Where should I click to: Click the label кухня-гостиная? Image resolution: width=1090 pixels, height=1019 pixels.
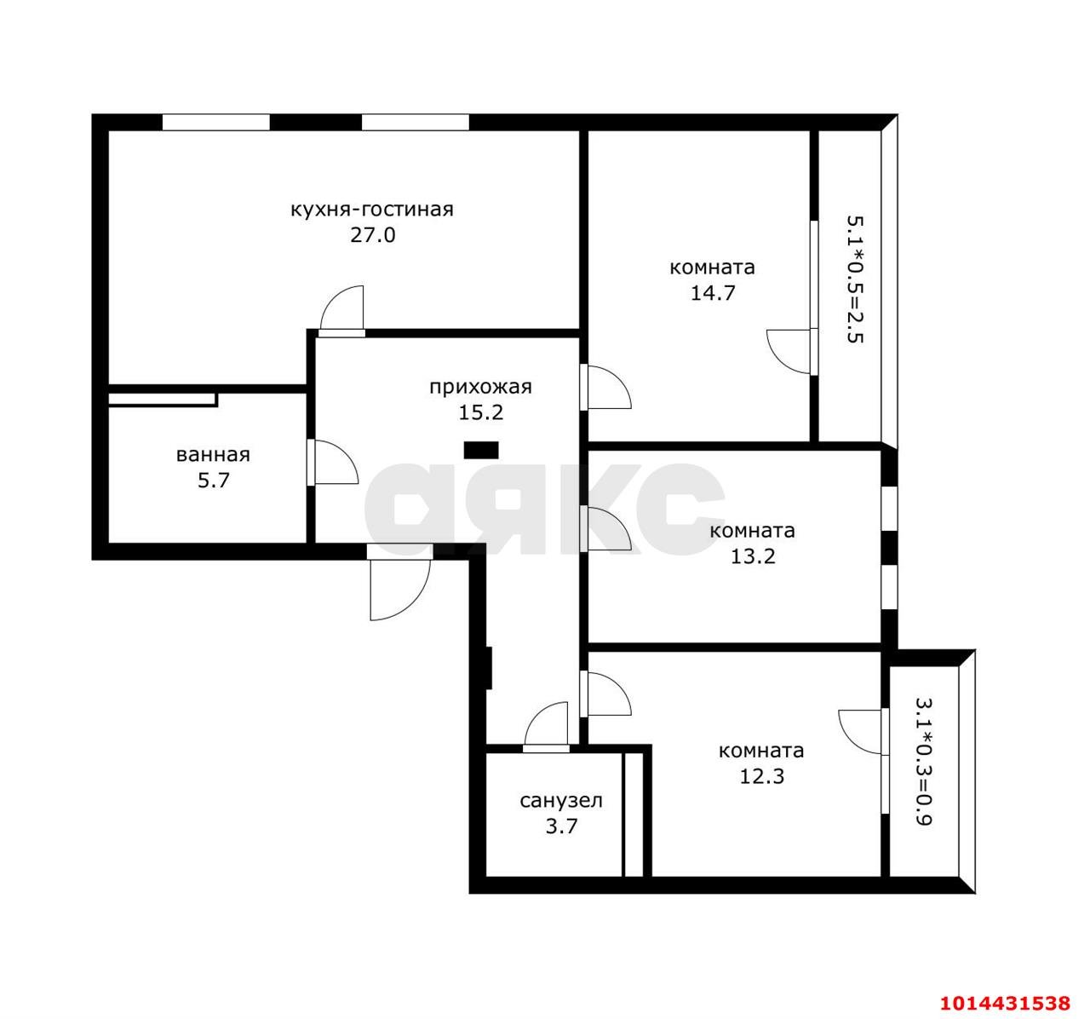tap(372, 210)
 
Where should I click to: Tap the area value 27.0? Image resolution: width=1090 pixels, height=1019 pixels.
tap(373, 235)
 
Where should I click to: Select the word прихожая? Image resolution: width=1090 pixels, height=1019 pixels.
tap(480, 387)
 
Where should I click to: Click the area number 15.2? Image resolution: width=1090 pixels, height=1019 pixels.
tap(481, 412)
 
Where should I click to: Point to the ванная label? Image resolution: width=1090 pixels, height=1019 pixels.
tap(213, 454)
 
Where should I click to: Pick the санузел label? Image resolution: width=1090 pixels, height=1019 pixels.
tap(561, 800)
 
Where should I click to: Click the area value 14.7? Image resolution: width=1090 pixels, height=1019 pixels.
tap(713, 293)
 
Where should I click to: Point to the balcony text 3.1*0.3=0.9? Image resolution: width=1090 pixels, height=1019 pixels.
tap(924, 762)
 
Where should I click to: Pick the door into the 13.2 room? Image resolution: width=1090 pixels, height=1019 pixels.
tap(606, 528)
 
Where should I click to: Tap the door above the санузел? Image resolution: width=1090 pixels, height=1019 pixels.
tap(546, 726)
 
